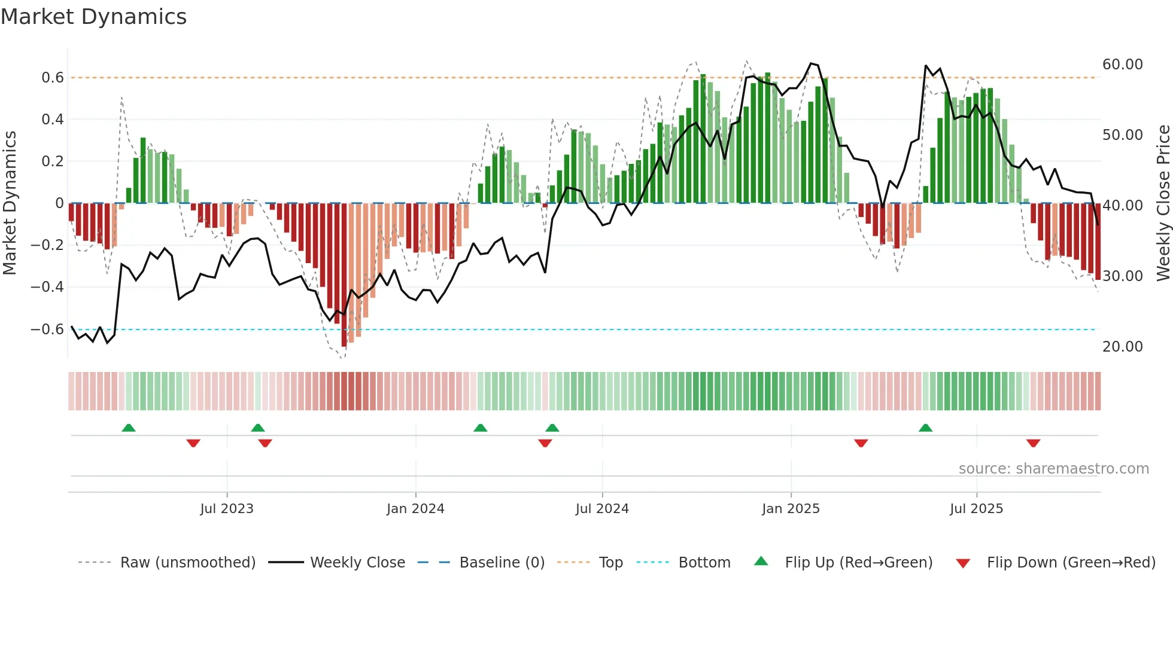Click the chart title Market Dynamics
(x=94, y=17)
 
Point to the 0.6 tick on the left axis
(x=53, y=78)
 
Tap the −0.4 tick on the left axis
(x=48, y=287)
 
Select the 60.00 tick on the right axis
(x=1122, y=65)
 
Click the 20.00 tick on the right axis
(x=1122, y=347)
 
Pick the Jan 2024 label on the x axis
(x=415, y=509)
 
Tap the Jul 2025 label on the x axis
(x=976, y=509)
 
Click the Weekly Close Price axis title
(x=1163, y=203)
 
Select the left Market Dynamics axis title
(x=10, y=203)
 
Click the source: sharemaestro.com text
(x=1053, y=469)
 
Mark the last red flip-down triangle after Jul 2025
(x=1033, y=443)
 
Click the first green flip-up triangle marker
(x=129, y=428)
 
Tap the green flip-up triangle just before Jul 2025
(x=925, y=428)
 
